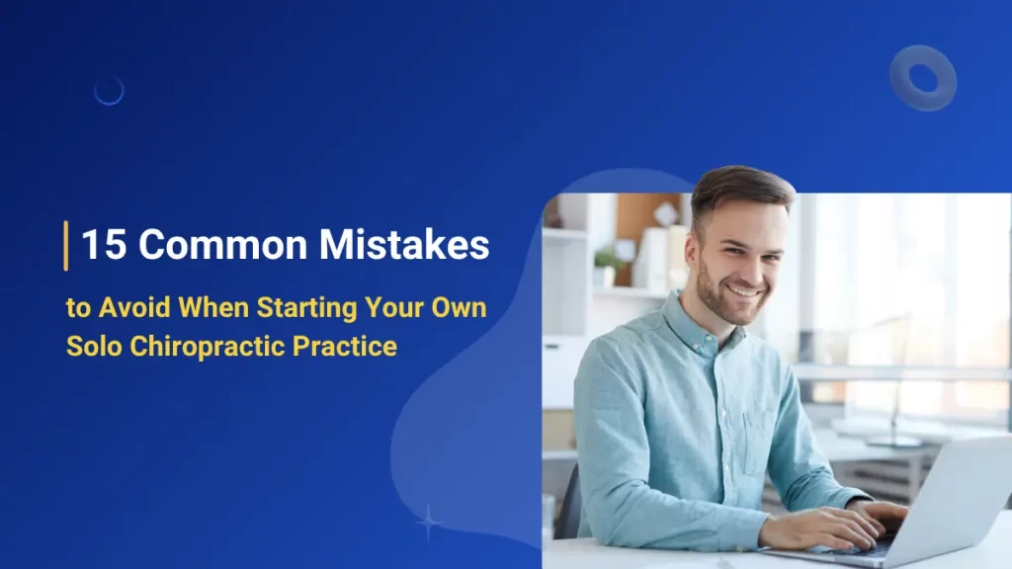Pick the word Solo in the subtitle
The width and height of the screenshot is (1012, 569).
90,348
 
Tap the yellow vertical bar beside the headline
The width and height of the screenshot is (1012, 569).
66,245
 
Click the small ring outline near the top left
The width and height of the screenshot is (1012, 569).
109,92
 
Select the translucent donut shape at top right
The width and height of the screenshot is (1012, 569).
922,77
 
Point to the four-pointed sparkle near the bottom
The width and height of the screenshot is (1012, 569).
428,521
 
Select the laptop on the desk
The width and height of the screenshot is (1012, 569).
939,504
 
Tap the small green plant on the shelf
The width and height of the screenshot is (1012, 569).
607,259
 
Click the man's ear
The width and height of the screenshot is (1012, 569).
692,247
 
